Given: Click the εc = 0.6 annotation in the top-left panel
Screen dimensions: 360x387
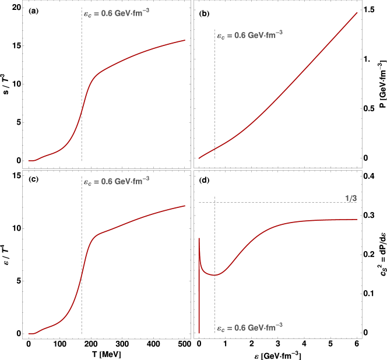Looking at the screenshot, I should [x=116, y=12].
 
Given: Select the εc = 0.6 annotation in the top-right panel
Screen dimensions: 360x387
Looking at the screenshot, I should [x=249, y=35].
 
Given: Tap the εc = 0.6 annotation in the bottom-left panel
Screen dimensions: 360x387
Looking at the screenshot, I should [x=116, y=181].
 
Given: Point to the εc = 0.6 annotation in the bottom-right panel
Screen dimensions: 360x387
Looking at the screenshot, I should [x=249, y=328].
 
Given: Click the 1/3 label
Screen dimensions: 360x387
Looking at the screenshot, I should [x=351, y=199].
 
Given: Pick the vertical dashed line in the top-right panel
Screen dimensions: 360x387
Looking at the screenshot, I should [x=215, y=87].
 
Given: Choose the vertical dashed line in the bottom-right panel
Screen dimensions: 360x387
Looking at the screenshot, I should [x=215, y=303].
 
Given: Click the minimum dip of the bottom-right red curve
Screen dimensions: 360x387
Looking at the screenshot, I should [x=214, y=274].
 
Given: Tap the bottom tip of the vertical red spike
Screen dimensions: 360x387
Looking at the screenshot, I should [x=199, y=333].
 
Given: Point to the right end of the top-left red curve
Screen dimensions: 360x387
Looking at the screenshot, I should [x=185, y=40].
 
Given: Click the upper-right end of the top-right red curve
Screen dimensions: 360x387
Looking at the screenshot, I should [x=357, y=12].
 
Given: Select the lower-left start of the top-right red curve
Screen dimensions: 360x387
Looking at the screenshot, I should [x=199, y=158].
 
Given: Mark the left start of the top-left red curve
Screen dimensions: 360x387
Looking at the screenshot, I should [x=29, y=160].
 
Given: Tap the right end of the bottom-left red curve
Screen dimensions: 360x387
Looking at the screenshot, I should [x=185, y=205].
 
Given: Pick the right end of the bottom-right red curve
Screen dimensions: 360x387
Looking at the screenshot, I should [x=357, y=220].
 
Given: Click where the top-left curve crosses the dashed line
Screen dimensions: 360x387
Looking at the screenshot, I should [x=82, y=111].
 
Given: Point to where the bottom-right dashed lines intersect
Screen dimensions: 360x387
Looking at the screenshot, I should [x=215, y=203].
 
